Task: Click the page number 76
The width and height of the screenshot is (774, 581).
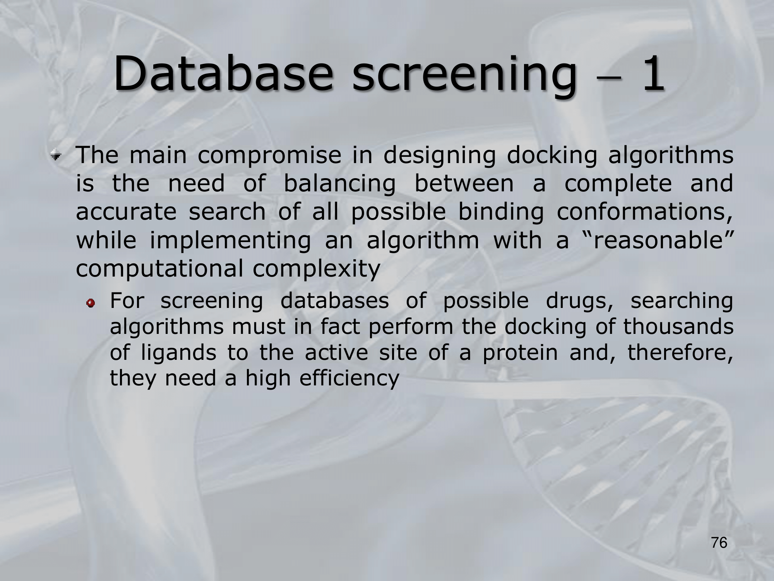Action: pos(719,543)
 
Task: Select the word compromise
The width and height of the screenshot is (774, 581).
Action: pos(269,156)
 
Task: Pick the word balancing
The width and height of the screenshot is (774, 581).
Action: pos(339,184)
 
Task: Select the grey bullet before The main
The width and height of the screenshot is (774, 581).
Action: pos(57,156)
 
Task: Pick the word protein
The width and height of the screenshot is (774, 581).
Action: pos(520,353)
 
